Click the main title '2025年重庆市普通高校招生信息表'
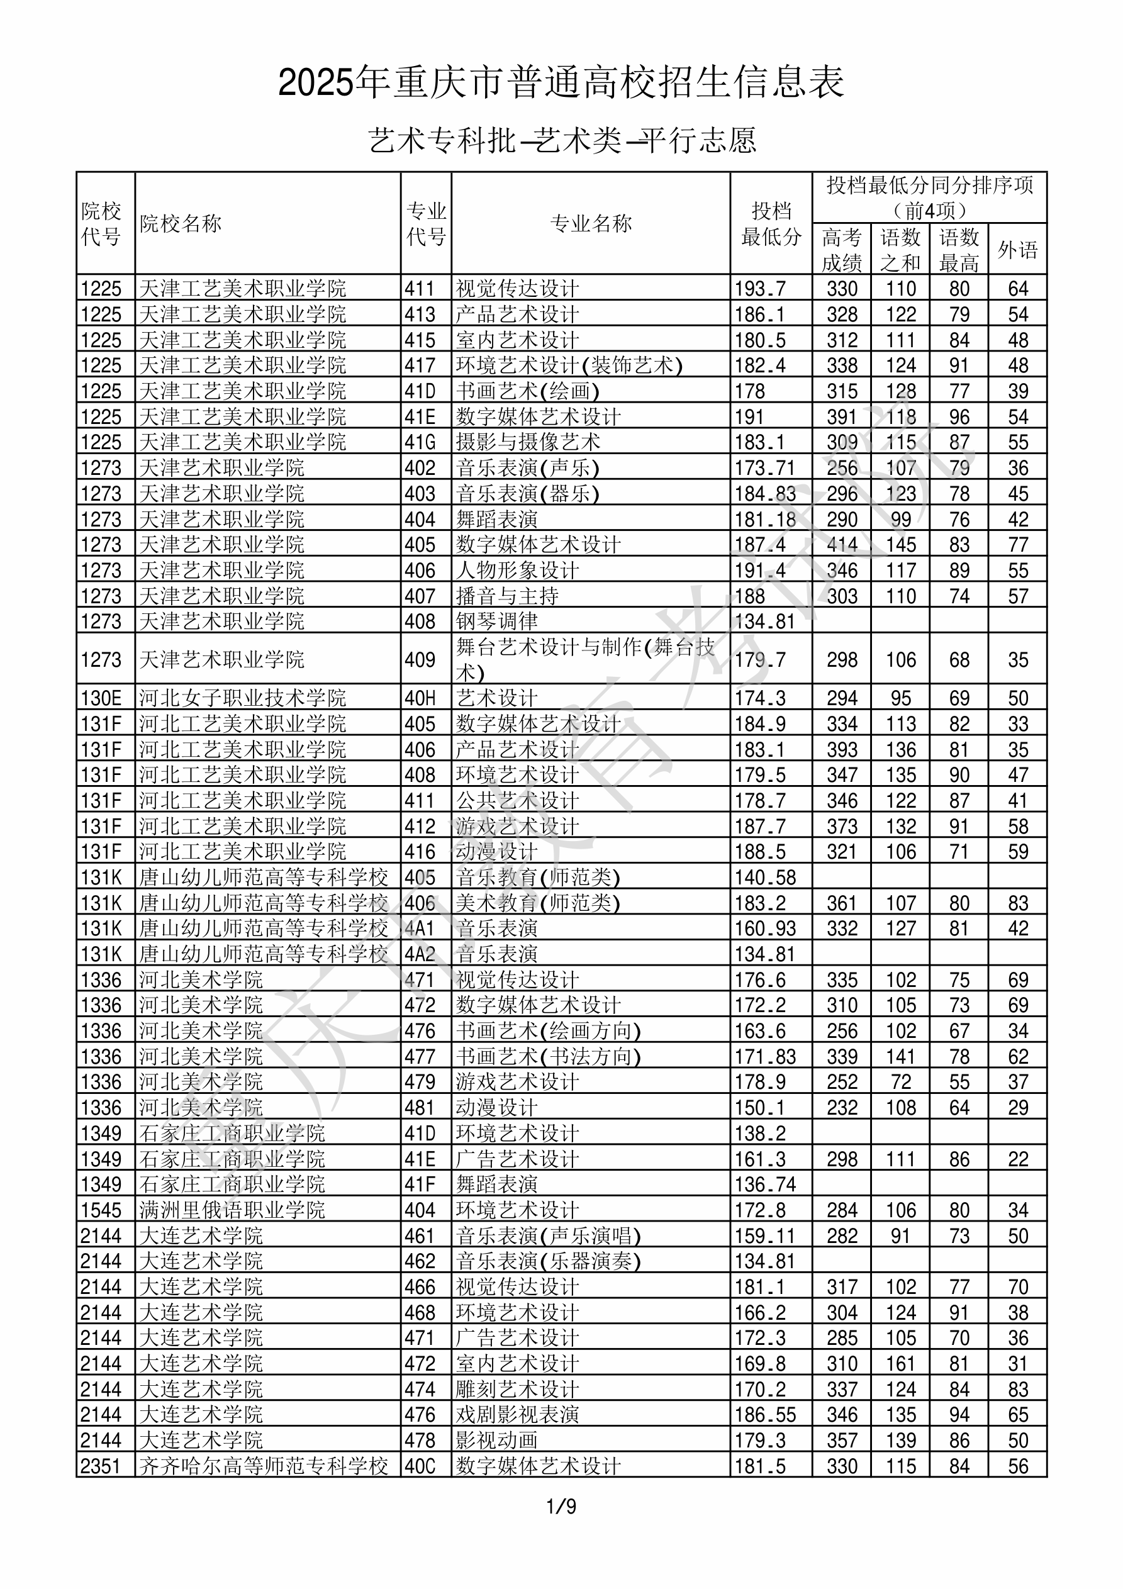(561, 83)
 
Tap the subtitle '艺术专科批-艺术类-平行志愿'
(561, 140)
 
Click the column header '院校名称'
(181, 223)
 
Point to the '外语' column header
(1017, 250)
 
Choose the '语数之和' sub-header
(900, 250)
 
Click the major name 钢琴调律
(496, 621)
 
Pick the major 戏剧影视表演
(517, 1415)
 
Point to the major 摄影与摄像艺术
(528, 442)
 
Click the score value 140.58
(765, 878)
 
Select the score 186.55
(765, 1415)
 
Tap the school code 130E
(101, 698)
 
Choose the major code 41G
(420, 442)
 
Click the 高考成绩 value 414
(842, 545)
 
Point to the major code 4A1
(420, 928)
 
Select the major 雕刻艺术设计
(517, 1389)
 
